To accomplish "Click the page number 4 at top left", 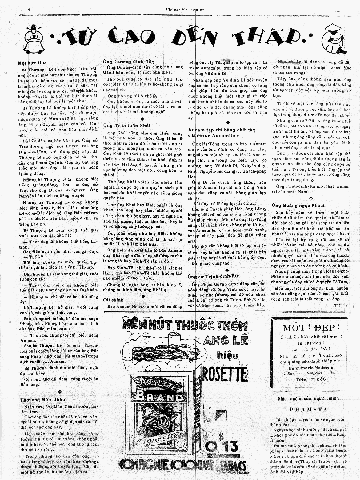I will (x=29, y=9).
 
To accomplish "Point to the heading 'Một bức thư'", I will (x=32, y=63).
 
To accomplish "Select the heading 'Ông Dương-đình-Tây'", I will (x=129, y=61).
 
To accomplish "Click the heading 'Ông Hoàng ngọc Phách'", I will (x=295, y=205).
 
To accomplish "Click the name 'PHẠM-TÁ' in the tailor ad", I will (x=309, y=410).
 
